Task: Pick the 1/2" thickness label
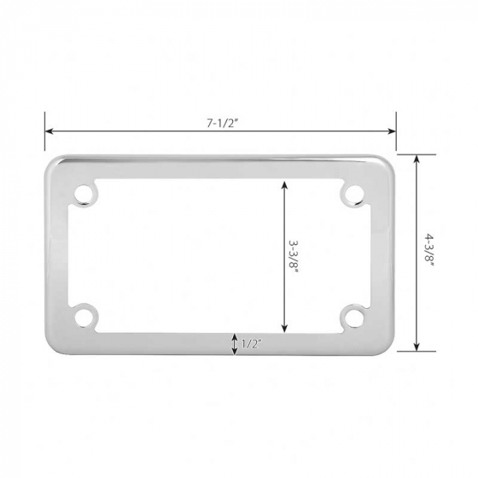click(x=252, y=344)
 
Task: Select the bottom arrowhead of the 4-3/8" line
click(x=416, y=347)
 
